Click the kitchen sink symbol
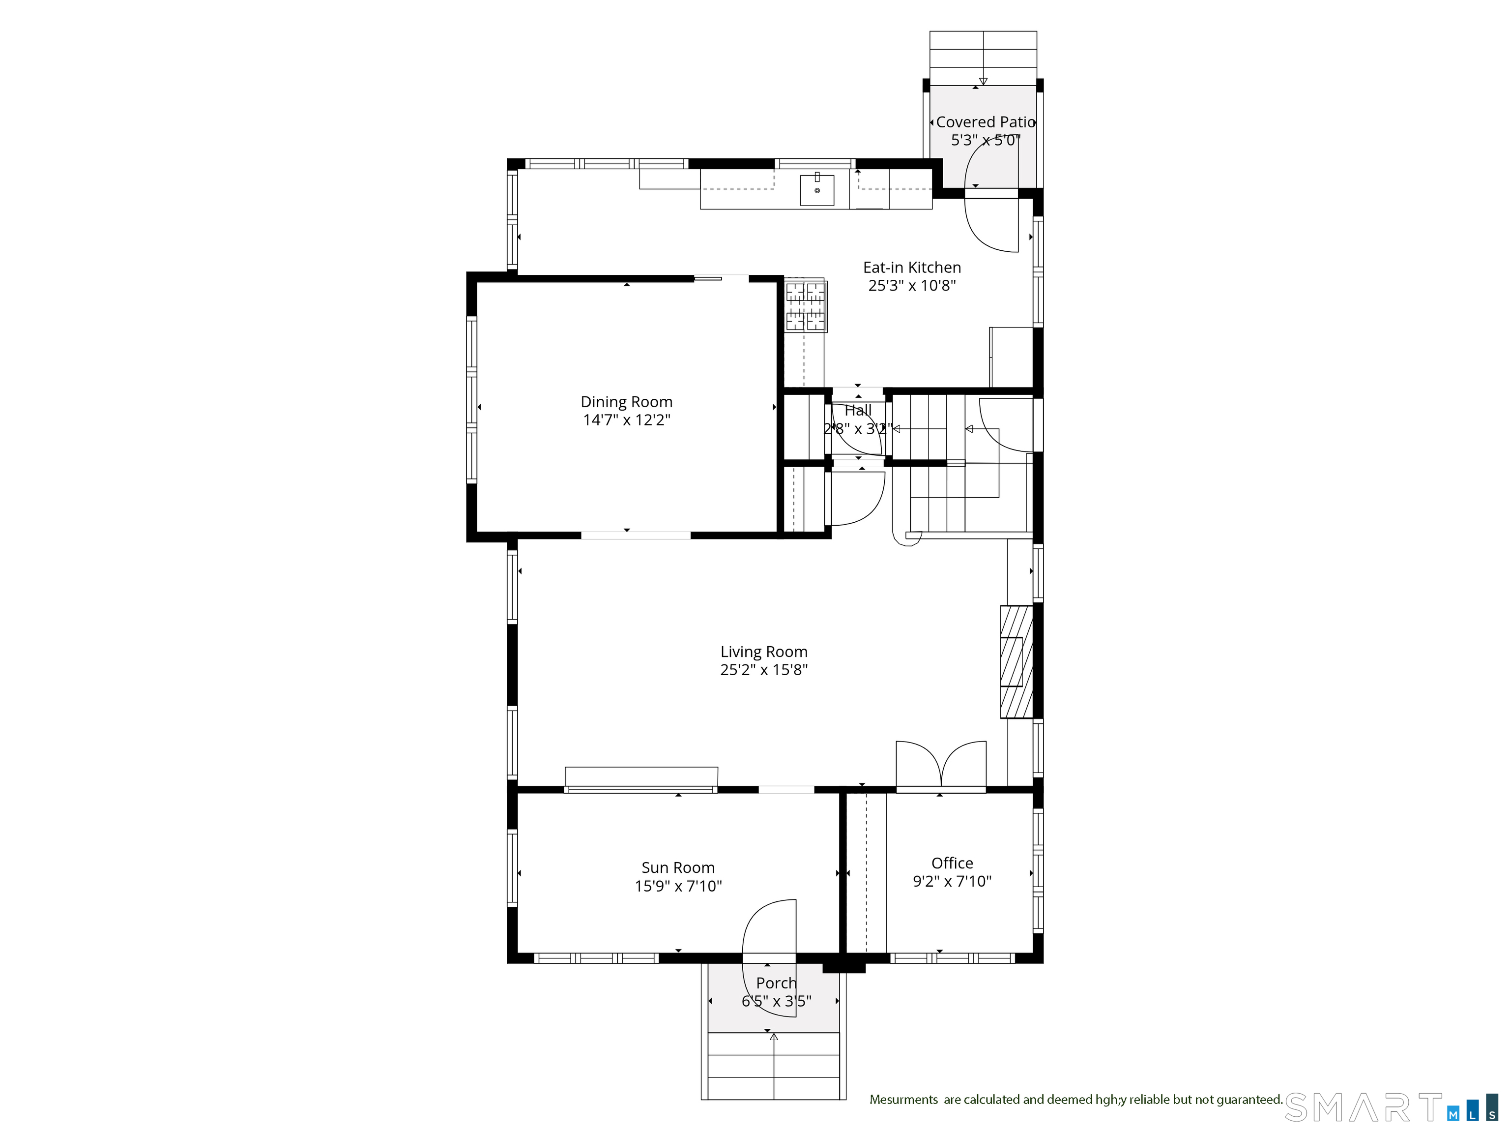pos(816,190)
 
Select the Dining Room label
pos(626,402)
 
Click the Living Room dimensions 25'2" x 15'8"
pos(763,670)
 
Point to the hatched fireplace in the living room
pos(1016,661)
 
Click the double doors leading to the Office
pos(941,766)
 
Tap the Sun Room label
pos(677,867)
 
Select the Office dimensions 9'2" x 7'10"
pos(952,882)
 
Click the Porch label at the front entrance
pos(776,983)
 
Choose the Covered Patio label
pos(985,122)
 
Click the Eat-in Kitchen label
pos(911,268)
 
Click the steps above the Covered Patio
pos(983,58)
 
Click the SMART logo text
pos(1363,1108)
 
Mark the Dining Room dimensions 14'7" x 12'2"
pos(626,420)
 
